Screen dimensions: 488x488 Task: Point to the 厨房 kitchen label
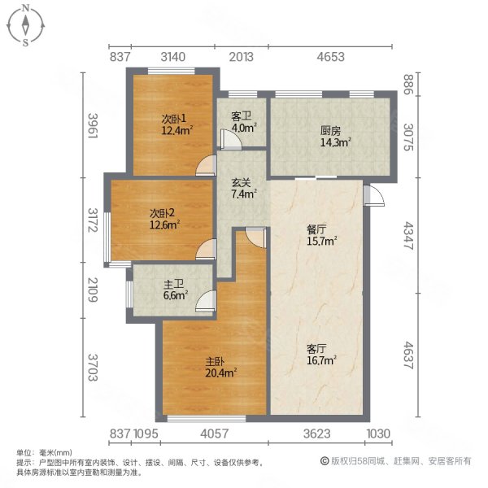pyautogui.click(x=329, y=130)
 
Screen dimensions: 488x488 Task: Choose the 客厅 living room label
pyautogui.click(x=317, y=348)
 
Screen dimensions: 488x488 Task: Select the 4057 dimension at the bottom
pyautogui.click(x=216, y=434)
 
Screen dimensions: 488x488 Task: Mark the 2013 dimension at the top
pyautogui.click(x=242, y=57)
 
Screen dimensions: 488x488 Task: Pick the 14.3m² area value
pyautogui.click(x=335, y=142)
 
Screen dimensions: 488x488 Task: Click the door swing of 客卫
pyautogui.click(x=232, y=142)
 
